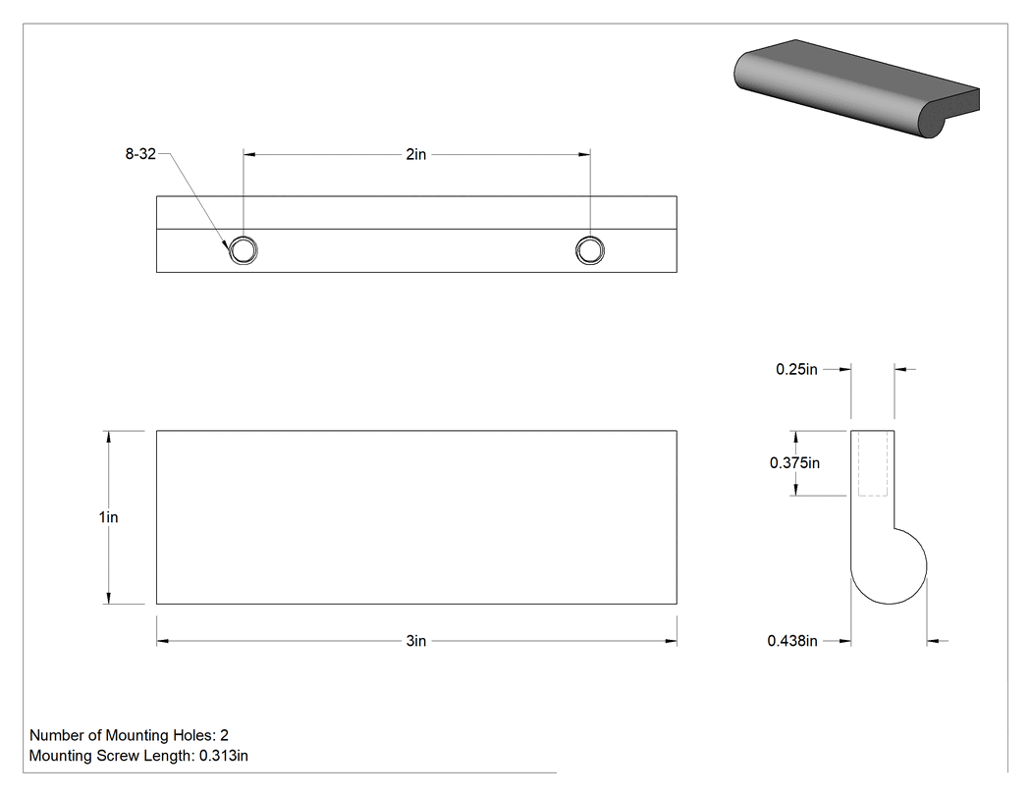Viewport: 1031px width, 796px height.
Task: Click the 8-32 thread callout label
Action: click(x=140, y=154)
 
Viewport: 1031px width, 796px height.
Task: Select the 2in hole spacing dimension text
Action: click(x=416, y=154)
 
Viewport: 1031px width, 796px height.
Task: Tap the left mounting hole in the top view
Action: click(x=244, y=250)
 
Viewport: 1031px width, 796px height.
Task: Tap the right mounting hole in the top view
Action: click(x=590, y=250)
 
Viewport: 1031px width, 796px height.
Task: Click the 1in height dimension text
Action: click(x=108, y=517)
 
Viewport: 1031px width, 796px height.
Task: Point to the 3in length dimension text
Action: click(x=416, y=641)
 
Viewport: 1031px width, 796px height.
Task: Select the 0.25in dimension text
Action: click(x=797, y=369)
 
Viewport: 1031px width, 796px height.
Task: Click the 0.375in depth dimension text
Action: click(x=795, y=462)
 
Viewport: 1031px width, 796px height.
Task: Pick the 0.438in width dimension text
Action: click(x=792, y=640)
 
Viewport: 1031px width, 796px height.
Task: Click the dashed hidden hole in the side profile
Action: click(x=873, y=463)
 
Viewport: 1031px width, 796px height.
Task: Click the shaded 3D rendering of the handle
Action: click(x=857, y=88)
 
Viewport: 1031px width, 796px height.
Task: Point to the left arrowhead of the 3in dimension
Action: click(x=162, y=641)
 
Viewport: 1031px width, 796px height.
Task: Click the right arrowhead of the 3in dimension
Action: click(x=671, y=641)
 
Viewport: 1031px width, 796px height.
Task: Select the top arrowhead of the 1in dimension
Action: click(x=108, y=437)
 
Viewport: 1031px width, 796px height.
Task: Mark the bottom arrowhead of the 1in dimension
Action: click(x=108, y=598)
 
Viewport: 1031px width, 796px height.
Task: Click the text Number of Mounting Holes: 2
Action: click(x=129, y=735)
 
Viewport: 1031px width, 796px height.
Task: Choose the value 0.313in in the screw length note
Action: click(x=224, y=756)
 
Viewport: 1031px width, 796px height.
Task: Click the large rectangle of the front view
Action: click(x=416, y=517)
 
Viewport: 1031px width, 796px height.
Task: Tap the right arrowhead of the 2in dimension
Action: click(x=584, y=154)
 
